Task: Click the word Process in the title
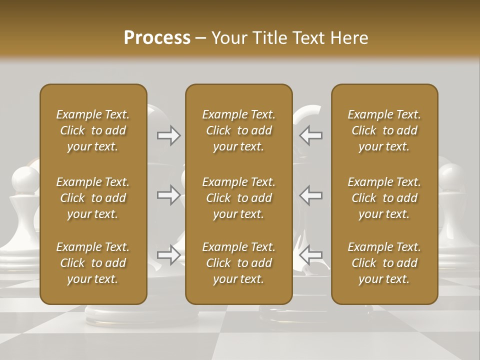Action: click(157, 38)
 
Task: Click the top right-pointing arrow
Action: click(169, 135)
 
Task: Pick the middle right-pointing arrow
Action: click(169, 195)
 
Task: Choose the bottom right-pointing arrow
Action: click(169, 255)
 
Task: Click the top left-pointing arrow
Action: click(311, 135)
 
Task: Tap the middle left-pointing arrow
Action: click(311, 195)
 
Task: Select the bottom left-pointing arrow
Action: click(311, 255)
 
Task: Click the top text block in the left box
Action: click(93, 130)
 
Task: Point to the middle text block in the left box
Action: click(93, 198)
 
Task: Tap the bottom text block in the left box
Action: click(93, 263)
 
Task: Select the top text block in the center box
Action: click(238, 130)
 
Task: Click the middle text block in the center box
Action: click(238, 198)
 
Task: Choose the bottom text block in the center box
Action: click(238, 263)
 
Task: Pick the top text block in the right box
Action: click(384, 130)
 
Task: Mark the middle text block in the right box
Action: click(384, 198)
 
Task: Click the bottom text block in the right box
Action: click(384, 263)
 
